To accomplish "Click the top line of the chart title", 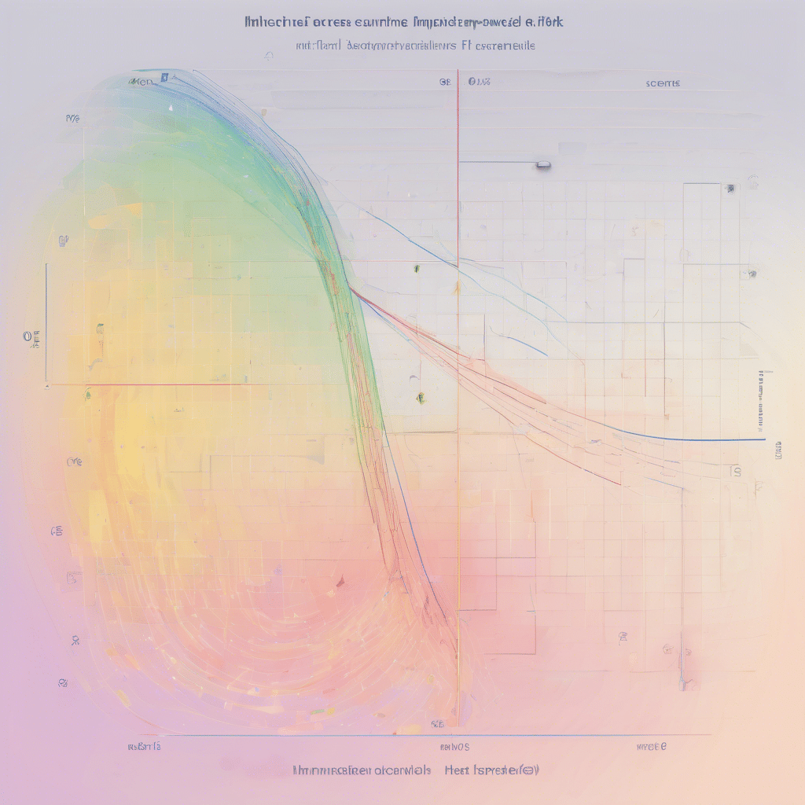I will (x=404, y=21).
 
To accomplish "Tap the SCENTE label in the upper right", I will (x=663, y=83).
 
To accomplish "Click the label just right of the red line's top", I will (x=479, y=82).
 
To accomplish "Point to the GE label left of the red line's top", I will (x=444, y=81).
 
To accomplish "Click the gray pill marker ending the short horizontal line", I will (x=542, y=165).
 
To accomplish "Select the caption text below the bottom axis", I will (x=415, y=770).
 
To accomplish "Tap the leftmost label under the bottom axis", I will (x=144, y=745).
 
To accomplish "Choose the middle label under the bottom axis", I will (x=455, y=746).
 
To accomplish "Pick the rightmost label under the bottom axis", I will (x=652, y=746).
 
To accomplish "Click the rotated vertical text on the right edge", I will (x=761, y=401).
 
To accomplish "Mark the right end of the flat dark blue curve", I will (x=763, y=439).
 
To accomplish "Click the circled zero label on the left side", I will (x=28, y=336).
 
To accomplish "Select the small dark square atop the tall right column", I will (x=730, y=189).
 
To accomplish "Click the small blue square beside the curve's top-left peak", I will (x=164, y=78).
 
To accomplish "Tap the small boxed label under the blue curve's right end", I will (x=737, y=471).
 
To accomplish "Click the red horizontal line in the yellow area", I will (x=197, y=385).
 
